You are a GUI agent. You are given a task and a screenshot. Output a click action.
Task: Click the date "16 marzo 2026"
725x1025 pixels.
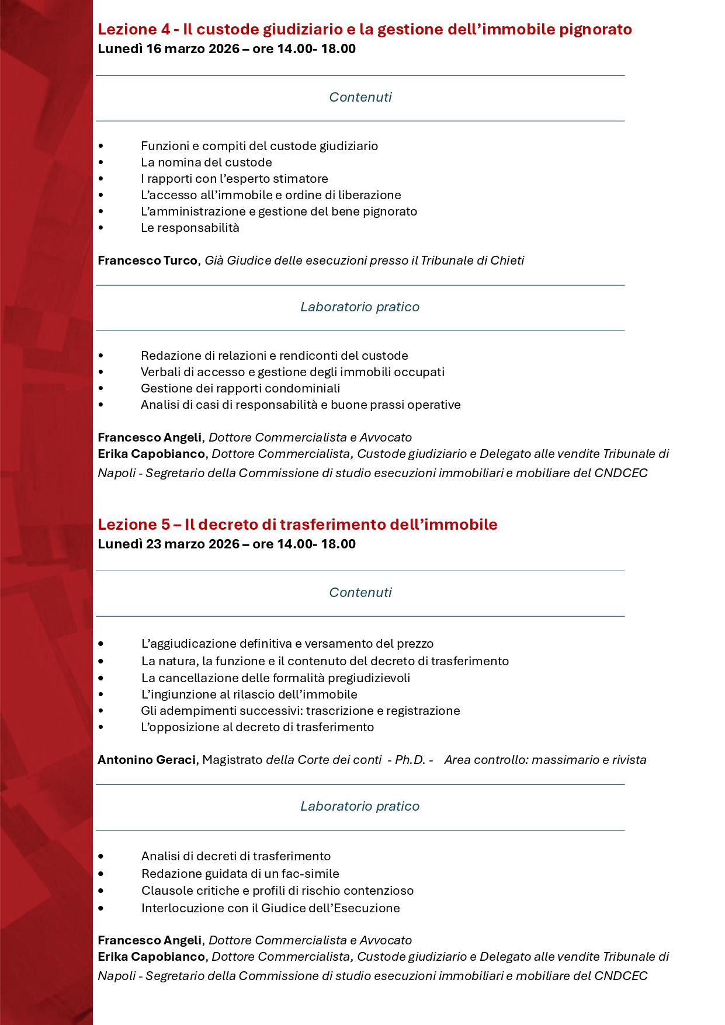193,49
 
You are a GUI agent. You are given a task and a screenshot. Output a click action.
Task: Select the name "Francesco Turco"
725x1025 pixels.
147,260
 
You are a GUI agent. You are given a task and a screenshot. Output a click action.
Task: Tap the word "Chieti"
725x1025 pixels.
507,260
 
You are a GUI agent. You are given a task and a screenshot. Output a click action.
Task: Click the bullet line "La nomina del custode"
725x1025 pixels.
206,162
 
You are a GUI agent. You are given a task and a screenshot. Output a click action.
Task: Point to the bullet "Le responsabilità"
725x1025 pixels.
190,228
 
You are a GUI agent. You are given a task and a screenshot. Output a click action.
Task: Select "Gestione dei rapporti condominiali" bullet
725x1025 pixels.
240,388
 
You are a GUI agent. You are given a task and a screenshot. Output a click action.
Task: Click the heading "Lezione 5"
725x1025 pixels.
133,524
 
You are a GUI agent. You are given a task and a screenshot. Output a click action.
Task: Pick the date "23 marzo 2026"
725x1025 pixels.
193,544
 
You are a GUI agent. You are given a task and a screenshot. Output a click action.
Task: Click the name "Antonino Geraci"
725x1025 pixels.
147,760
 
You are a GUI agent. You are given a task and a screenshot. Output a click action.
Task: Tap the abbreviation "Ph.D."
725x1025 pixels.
410,760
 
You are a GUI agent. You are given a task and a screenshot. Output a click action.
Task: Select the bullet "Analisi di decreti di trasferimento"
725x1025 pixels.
236,856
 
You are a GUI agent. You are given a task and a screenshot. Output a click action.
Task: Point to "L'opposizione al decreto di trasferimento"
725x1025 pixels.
257,727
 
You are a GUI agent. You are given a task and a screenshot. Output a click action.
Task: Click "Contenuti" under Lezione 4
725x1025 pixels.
360,98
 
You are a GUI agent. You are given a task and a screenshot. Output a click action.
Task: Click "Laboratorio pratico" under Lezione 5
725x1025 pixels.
360,807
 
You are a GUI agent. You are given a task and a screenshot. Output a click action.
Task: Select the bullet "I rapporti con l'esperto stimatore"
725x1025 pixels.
234,179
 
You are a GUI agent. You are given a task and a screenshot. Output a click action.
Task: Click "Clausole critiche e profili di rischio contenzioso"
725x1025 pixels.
277,891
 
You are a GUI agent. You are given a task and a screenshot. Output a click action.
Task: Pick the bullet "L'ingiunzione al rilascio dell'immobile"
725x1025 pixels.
249,694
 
